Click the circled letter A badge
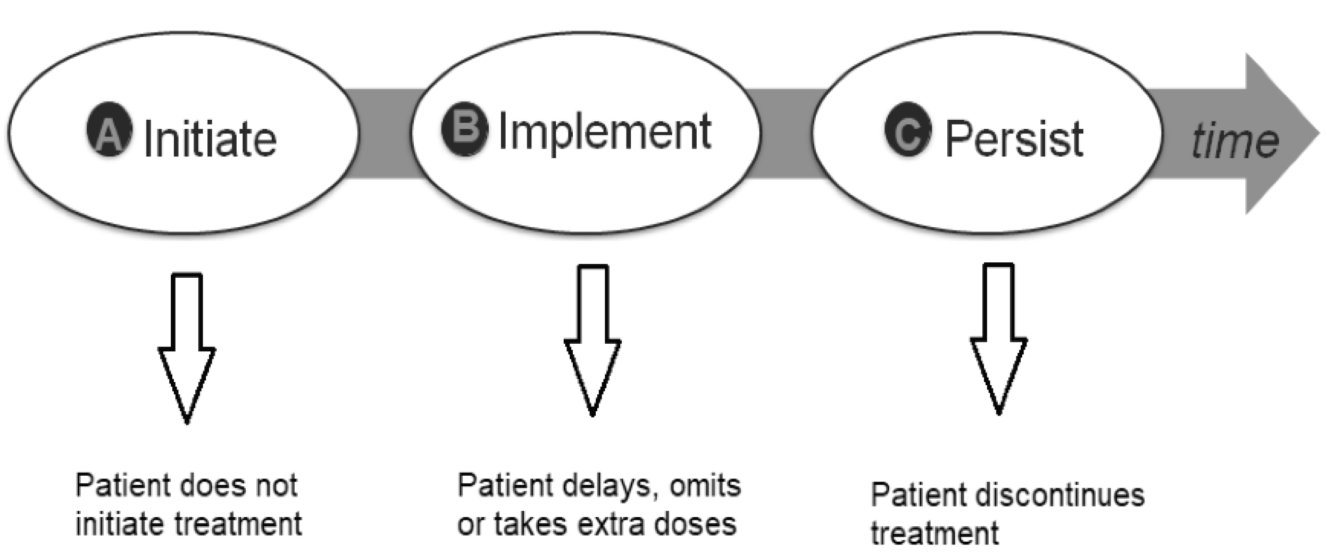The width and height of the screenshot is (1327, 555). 109,129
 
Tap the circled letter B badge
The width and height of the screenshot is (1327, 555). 464,128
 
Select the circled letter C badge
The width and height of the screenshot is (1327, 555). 908,129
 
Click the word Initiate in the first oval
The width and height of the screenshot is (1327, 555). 211,139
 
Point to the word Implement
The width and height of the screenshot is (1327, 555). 605,132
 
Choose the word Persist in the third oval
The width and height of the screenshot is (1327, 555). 1014,139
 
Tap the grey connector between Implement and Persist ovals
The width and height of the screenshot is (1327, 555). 786,133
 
